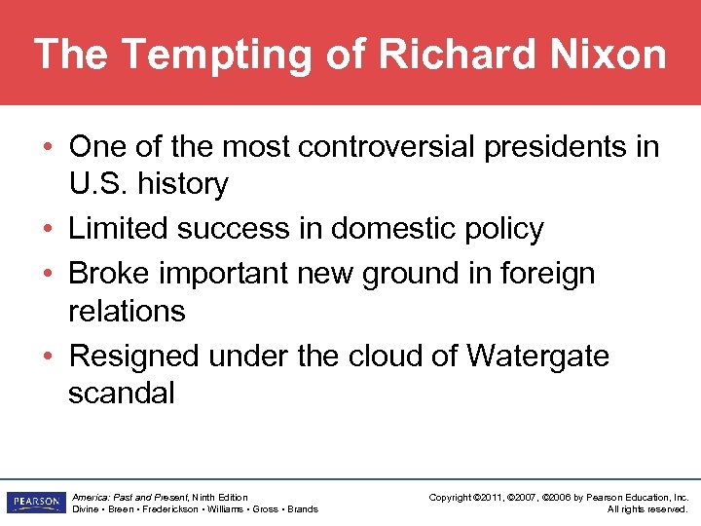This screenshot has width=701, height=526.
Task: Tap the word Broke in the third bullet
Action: pos(114,274)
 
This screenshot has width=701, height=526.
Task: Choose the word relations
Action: pos(127,311)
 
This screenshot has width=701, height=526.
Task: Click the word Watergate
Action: pos(537,356)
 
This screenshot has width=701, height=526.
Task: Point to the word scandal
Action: pos(122,393)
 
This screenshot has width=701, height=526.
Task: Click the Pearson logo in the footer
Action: pos(34,503)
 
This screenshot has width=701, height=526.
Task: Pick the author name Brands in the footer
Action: pos(302,509)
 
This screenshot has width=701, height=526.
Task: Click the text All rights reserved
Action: pos(647,509)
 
